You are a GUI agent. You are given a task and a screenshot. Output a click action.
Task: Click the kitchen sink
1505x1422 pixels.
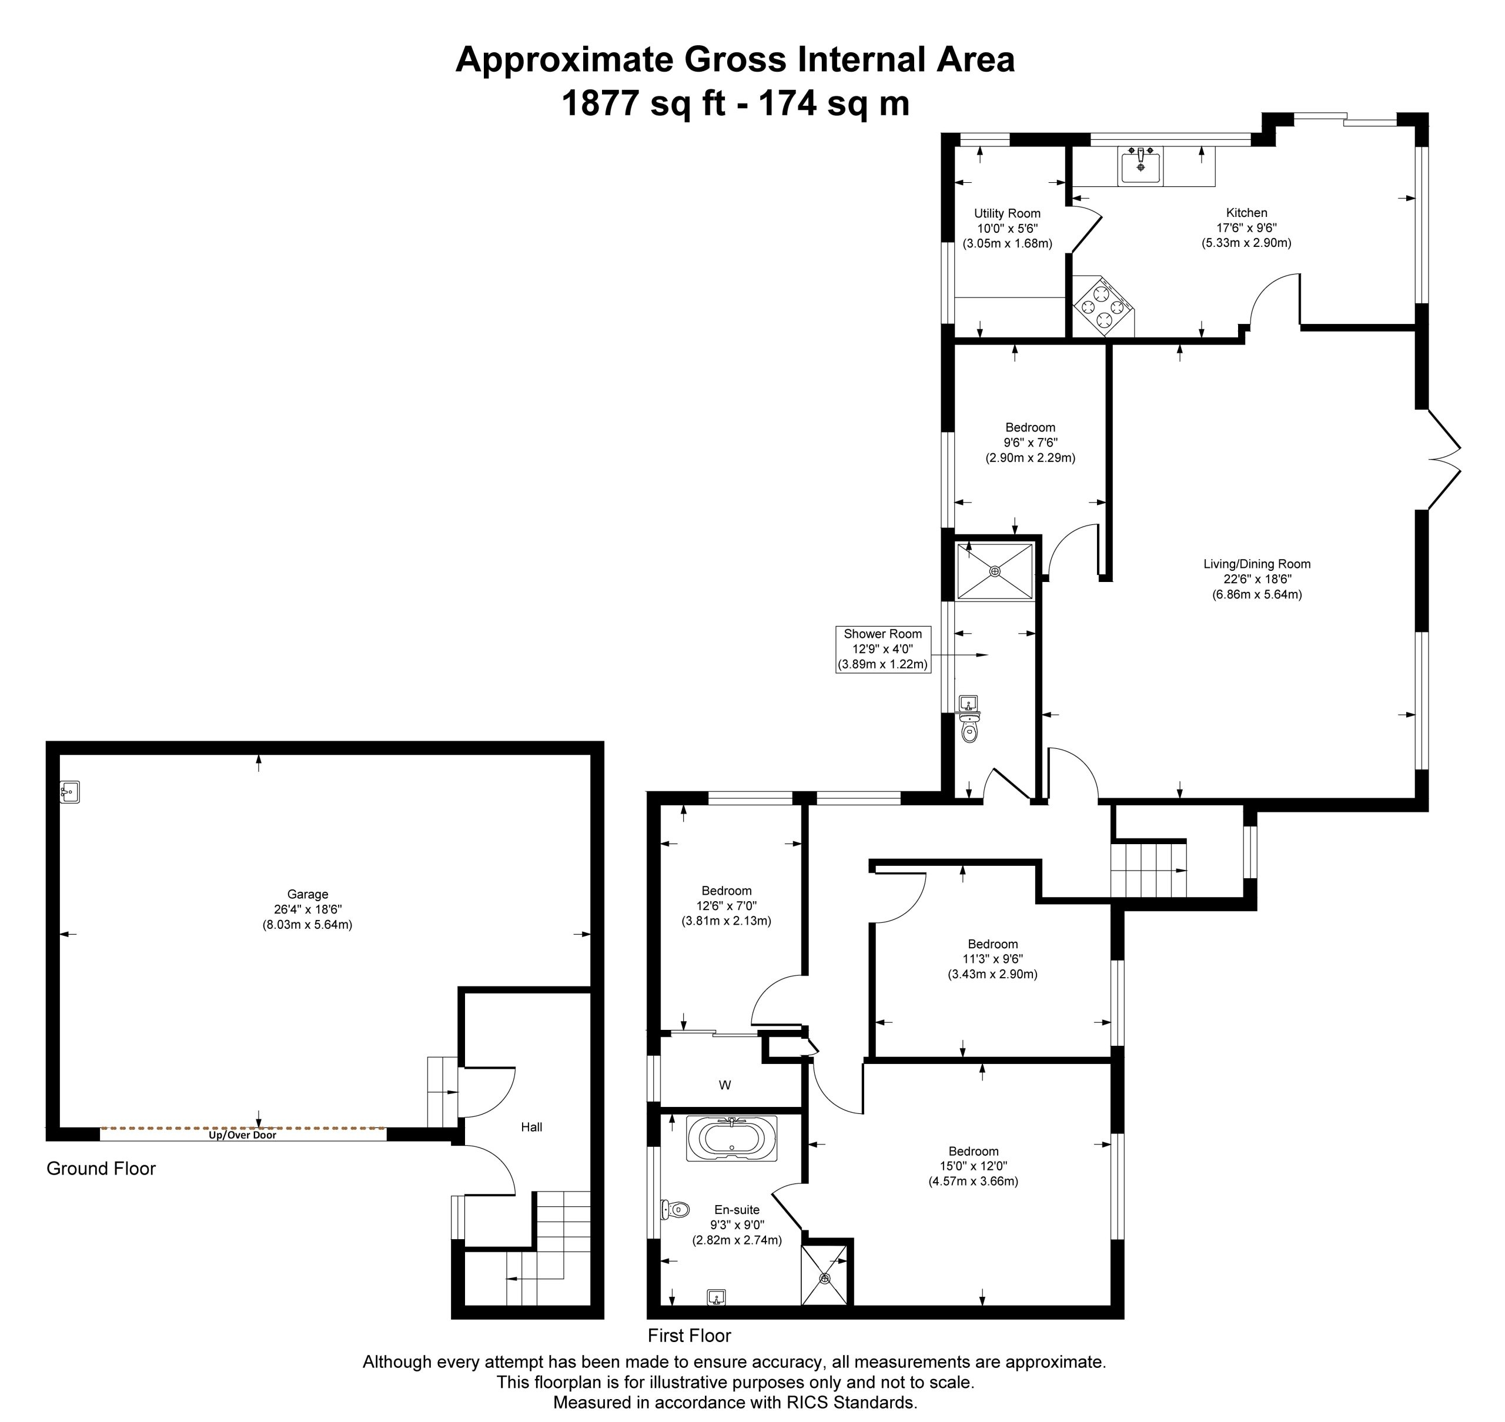(1141, 166)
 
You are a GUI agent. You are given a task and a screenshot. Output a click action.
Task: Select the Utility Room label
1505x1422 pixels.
(1007, 214)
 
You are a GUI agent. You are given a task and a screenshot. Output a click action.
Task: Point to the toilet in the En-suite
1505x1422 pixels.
(674, 1209)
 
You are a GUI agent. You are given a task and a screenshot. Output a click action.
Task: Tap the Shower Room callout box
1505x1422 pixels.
(882, 650)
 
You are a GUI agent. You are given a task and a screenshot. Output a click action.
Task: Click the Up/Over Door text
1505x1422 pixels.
(243, 1136)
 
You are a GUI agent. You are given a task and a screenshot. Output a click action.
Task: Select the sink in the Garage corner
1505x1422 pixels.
(70, 793)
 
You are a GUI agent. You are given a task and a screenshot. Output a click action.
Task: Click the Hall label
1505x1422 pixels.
(531, 1127)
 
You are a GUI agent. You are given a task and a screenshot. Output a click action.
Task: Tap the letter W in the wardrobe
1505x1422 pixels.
(725, 1085)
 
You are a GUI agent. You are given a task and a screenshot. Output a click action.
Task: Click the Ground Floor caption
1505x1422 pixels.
(101, 1169)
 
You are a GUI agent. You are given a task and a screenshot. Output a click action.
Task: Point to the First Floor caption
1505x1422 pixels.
(689, 1336)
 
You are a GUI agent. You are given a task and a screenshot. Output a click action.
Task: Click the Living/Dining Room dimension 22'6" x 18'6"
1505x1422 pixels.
(1257, 579)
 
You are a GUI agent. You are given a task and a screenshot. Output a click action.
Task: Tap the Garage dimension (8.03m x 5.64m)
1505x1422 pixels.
(308, 925)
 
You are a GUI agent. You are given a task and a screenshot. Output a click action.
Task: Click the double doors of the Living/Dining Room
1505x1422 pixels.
(1444, 459)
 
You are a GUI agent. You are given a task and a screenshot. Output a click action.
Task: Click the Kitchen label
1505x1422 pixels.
(1246, 213)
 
